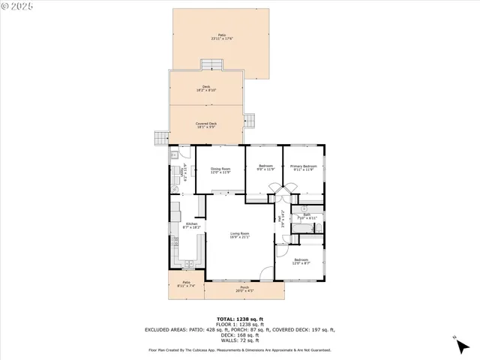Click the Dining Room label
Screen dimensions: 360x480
(x=220, y=170)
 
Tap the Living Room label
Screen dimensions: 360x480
(x=240, y=236)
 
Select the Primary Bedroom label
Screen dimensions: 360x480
(x=304, y=167)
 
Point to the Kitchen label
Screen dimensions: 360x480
(x=192, y=226)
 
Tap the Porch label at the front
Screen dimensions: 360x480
(x=244, y=289)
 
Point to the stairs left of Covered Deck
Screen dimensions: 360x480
(x=159, y=138)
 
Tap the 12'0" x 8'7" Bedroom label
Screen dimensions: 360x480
(x=301, y=262)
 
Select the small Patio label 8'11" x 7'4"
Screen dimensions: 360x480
(x=185, y=285)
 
